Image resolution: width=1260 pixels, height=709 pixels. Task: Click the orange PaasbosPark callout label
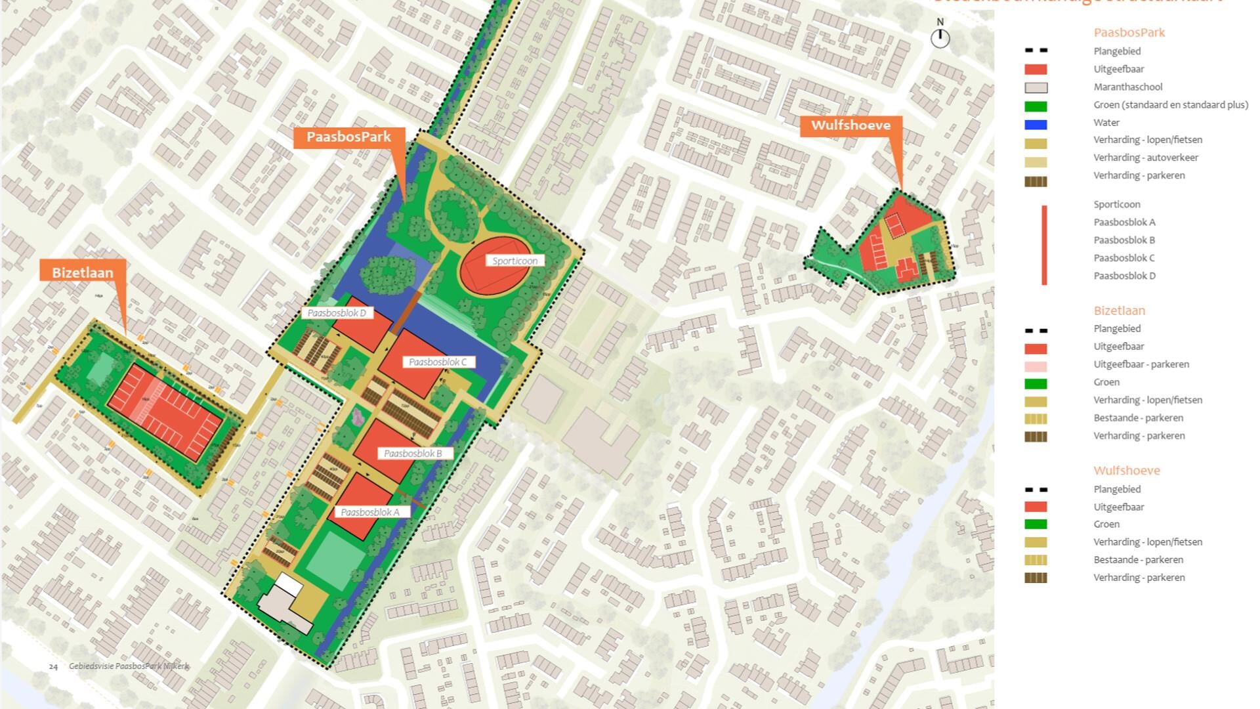[348, 137]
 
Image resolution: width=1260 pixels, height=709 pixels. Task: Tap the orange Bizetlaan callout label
[83, 272]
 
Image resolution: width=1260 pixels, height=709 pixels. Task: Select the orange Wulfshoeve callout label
[850, 125]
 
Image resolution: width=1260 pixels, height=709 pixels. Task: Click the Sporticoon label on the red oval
[514, 261]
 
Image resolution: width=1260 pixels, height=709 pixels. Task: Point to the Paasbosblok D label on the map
[337, 313]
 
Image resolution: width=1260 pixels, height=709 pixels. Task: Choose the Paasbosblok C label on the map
[438, 362]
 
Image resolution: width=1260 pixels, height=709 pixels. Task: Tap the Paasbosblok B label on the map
[413, 454]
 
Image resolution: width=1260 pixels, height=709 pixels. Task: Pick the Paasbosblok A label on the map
[370, 512]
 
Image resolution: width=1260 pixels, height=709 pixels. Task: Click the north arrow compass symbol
[940, 36]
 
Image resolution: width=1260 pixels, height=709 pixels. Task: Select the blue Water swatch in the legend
[1036, 124]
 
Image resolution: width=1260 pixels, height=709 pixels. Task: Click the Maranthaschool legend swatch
[1036, 88]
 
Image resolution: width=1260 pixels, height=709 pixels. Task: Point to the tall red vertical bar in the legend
[1044, 245]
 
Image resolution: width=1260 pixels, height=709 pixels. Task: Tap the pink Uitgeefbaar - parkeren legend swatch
[1036, 366]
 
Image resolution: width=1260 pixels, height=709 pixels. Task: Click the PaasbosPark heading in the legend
[1129, 33]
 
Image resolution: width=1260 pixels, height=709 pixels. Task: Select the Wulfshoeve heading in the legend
[1126, 471]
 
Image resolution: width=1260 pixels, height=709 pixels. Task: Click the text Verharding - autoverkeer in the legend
[1145, 158]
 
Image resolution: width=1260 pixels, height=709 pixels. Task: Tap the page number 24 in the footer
[53, 666]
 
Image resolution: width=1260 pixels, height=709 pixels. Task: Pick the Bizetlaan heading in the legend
[1119, 311]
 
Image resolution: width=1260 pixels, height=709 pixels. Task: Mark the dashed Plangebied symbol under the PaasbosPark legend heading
[1036, 51]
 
